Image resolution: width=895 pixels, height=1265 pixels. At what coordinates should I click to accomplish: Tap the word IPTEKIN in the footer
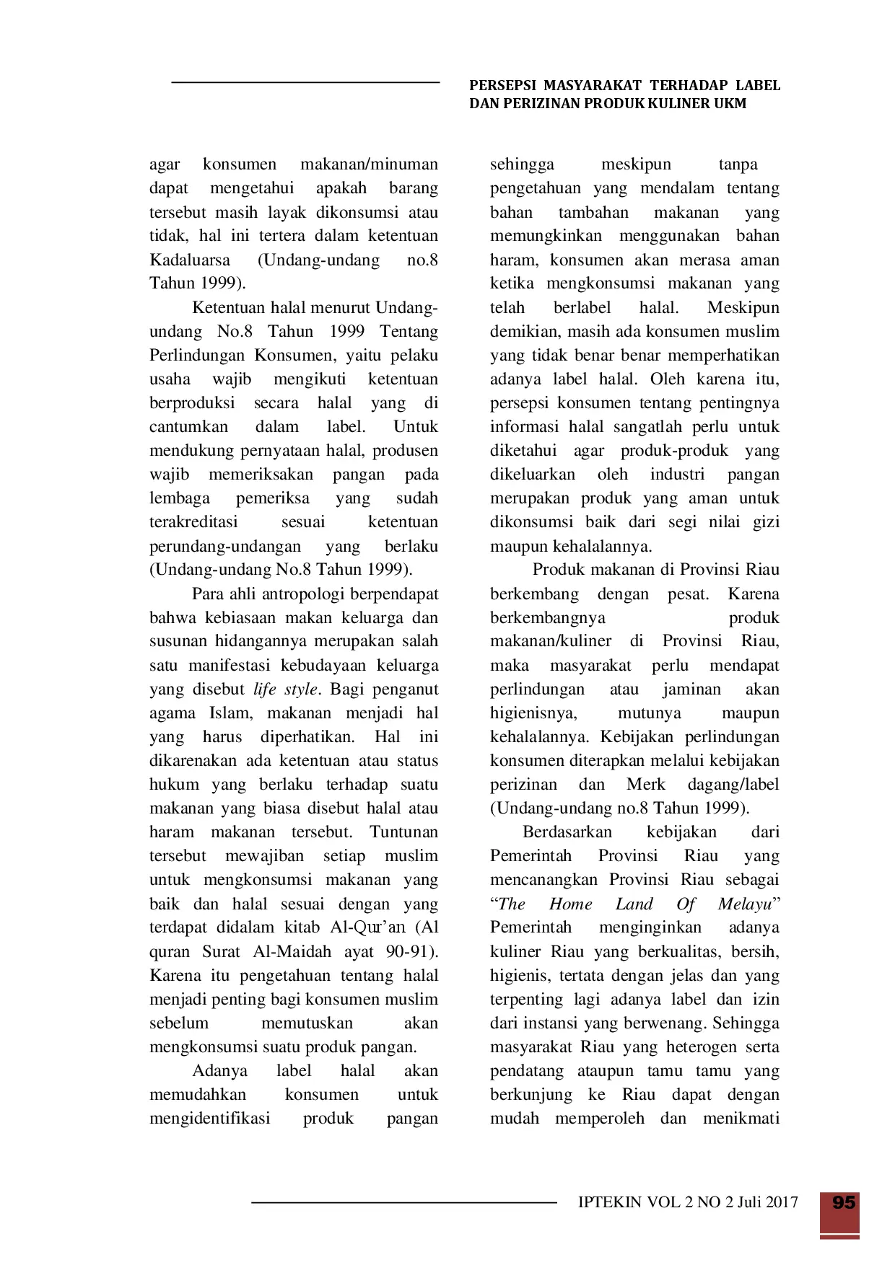(x=610, y=1202)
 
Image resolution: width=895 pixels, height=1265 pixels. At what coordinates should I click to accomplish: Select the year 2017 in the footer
(x=782, y=1202)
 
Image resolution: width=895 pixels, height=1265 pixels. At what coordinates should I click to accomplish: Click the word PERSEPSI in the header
(x=502, y=86)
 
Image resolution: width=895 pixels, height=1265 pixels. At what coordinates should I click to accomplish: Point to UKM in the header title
(x=730, y=104)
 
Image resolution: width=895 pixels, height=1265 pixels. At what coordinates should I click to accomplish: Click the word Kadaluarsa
(x=190, y=260)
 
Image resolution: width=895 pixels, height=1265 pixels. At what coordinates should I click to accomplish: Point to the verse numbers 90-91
(x=411, y=952)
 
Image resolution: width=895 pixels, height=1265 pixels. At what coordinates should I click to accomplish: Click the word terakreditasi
(x=193, y=522)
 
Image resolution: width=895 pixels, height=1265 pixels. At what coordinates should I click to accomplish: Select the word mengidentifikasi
(x=210, y=1119)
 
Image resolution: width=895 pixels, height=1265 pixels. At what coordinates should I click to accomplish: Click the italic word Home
(x=570, y=904)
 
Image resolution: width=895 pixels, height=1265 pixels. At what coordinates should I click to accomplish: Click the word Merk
(x=645, y=785)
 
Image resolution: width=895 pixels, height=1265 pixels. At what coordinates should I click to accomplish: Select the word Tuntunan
(x=403, y=832)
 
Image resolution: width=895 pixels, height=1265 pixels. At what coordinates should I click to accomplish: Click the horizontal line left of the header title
(x=305, y=83)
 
